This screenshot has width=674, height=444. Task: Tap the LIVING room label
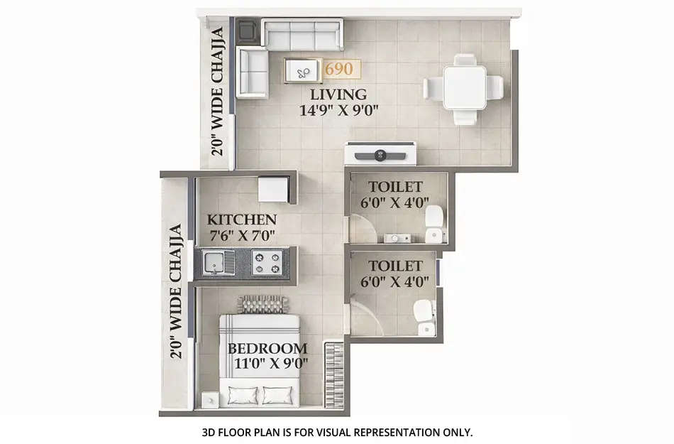(338, 94)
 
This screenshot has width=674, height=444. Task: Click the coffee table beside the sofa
(303, 70)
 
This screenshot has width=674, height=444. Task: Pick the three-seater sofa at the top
(302, 33)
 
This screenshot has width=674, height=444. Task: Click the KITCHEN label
(241, 220)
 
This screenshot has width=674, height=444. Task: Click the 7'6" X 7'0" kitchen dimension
(241, 235)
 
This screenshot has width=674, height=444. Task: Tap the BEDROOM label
(267, 349)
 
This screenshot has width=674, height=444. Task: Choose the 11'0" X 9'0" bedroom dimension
(267, 365)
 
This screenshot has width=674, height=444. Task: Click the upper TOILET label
(395, 187)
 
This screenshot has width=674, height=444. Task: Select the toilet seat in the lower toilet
(424, 317)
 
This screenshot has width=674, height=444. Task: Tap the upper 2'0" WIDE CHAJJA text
(218, 90)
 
